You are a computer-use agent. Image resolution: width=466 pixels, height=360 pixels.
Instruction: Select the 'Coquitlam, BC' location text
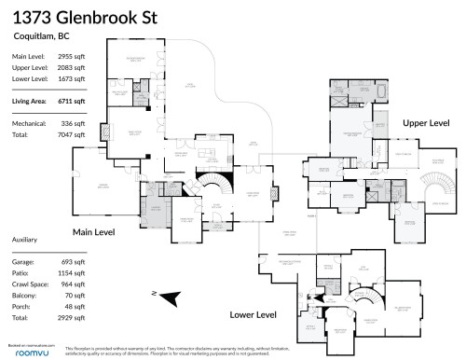click(37, 37)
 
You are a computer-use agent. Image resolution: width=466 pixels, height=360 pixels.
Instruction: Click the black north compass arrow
click(168, 298)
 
